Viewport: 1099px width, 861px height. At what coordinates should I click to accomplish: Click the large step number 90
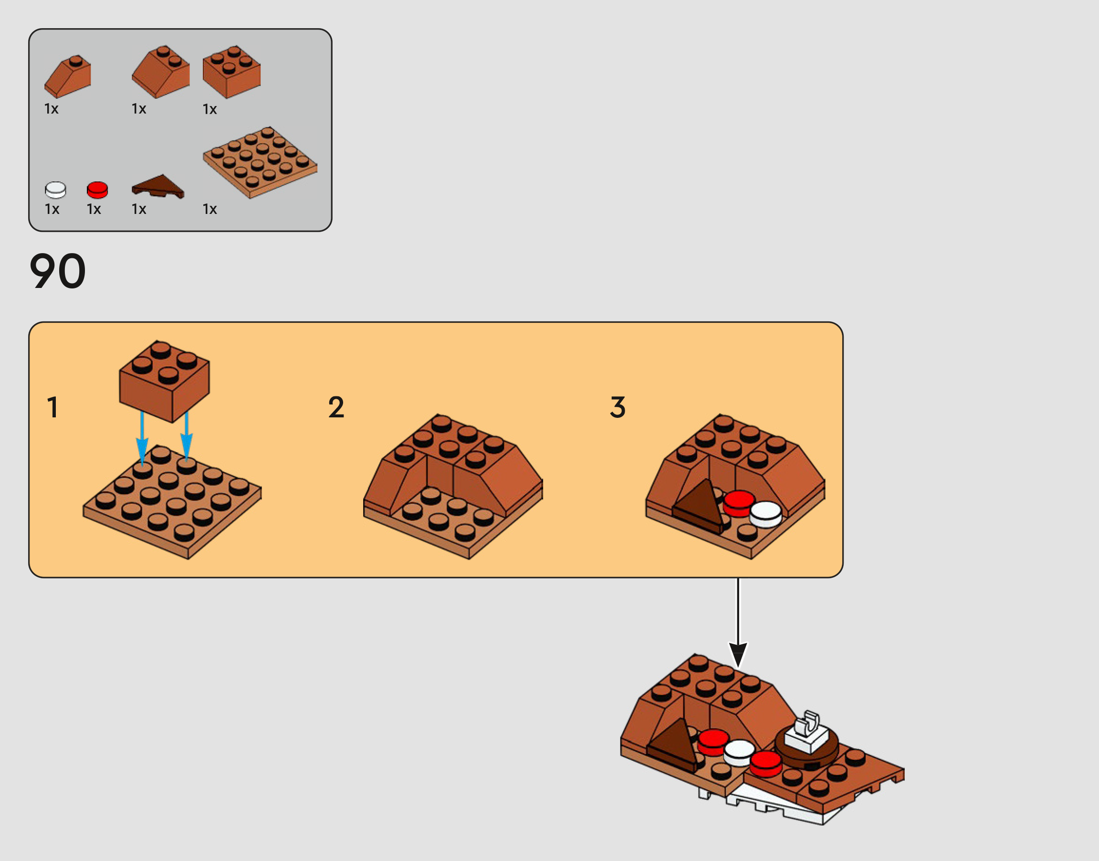(57, 271)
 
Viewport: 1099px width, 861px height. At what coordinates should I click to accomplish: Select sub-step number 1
(52, 407)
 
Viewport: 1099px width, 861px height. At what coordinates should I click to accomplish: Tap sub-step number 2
(336, 407)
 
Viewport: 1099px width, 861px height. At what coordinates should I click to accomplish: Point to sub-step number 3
(618, 407)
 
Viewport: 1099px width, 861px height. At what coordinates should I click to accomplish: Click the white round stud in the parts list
(55, 190)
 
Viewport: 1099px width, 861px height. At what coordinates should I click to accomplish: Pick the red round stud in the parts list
(97, 190)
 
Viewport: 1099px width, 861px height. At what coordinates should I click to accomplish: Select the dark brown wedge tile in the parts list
(157, 186)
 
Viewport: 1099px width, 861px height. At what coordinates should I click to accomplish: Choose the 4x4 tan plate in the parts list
(260, 162)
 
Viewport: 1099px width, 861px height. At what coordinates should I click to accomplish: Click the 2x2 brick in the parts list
(232, 72)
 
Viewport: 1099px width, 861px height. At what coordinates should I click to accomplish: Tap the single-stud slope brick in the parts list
(67, 76)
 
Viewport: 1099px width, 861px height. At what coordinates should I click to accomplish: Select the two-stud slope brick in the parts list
(161, 72)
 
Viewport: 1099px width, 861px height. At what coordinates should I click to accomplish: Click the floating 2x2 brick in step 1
(164, 381)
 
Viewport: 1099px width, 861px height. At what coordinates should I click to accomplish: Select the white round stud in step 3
(765, 514)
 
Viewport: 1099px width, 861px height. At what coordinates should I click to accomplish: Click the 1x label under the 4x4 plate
(209, 209)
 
